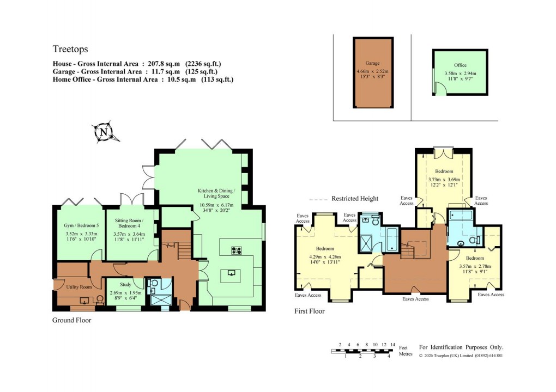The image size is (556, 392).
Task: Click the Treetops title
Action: [x=70, y=50]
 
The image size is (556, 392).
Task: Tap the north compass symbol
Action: [x=103, y=131]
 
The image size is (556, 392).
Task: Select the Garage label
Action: [x=372, y=63]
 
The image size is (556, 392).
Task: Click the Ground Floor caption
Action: [x=71, y=321]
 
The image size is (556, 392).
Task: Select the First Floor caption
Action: [x=309, y=311]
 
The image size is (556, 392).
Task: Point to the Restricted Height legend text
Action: [x=355, y=199]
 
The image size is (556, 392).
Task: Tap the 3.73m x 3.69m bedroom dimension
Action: [x=444, y=180]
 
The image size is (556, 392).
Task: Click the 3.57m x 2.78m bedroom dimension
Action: [x=474, y=266]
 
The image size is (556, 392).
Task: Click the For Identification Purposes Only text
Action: [x=461, y=347]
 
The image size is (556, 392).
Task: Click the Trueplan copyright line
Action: [x=461, y=356]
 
